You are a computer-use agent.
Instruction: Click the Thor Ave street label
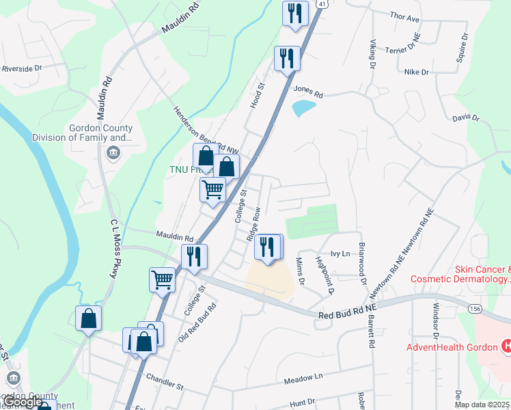404,18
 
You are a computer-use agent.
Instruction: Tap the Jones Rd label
307,90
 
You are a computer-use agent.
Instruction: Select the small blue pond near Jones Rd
303,108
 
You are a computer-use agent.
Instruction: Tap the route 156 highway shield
475,310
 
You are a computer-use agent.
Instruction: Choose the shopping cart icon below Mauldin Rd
162,279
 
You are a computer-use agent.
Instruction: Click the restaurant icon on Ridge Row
267,246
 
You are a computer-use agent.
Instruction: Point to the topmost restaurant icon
295,13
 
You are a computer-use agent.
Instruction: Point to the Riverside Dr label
22,68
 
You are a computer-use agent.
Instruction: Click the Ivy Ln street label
340,254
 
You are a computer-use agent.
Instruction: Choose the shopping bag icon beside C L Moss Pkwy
88,318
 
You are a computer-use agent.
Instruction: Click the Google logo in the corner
23,402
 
